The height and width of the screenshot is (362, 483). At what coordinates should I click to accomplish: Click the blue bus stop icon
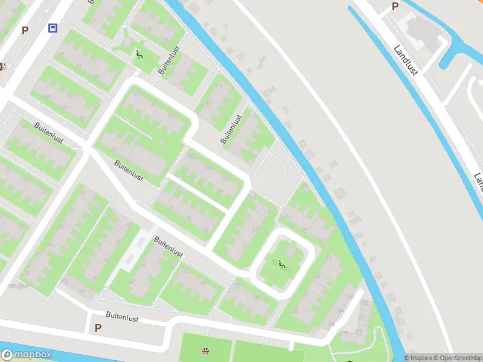click(53, 28)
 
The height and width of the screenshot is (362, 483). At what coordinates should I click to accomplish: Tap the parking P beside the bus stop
click(25, 30)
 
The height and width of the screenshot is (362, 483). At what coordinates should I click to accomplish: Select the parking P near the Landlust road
click(395, 6)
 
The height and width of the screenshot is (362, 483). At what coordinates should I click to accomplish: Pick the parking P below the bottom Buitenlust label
click(98, 328)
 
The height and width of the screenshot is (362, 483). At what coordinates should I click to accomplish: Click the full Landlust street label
click(405, 60)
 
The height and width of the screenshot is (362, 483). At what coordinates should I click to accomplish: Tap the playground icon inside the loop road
click(281, 264)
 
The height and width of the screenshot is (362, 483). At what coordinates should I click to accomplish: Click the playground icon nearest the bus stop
click(139, 55)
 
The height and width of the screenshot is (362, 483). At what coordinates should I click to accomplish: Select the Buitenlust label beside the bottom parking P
click(123, 315)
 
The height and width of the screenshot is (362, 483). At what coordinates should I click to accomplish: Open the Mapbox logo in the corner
click(27, 355)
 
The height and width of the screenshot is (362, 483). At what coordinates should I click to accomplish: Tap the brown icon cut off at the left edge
click(2, 66)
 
